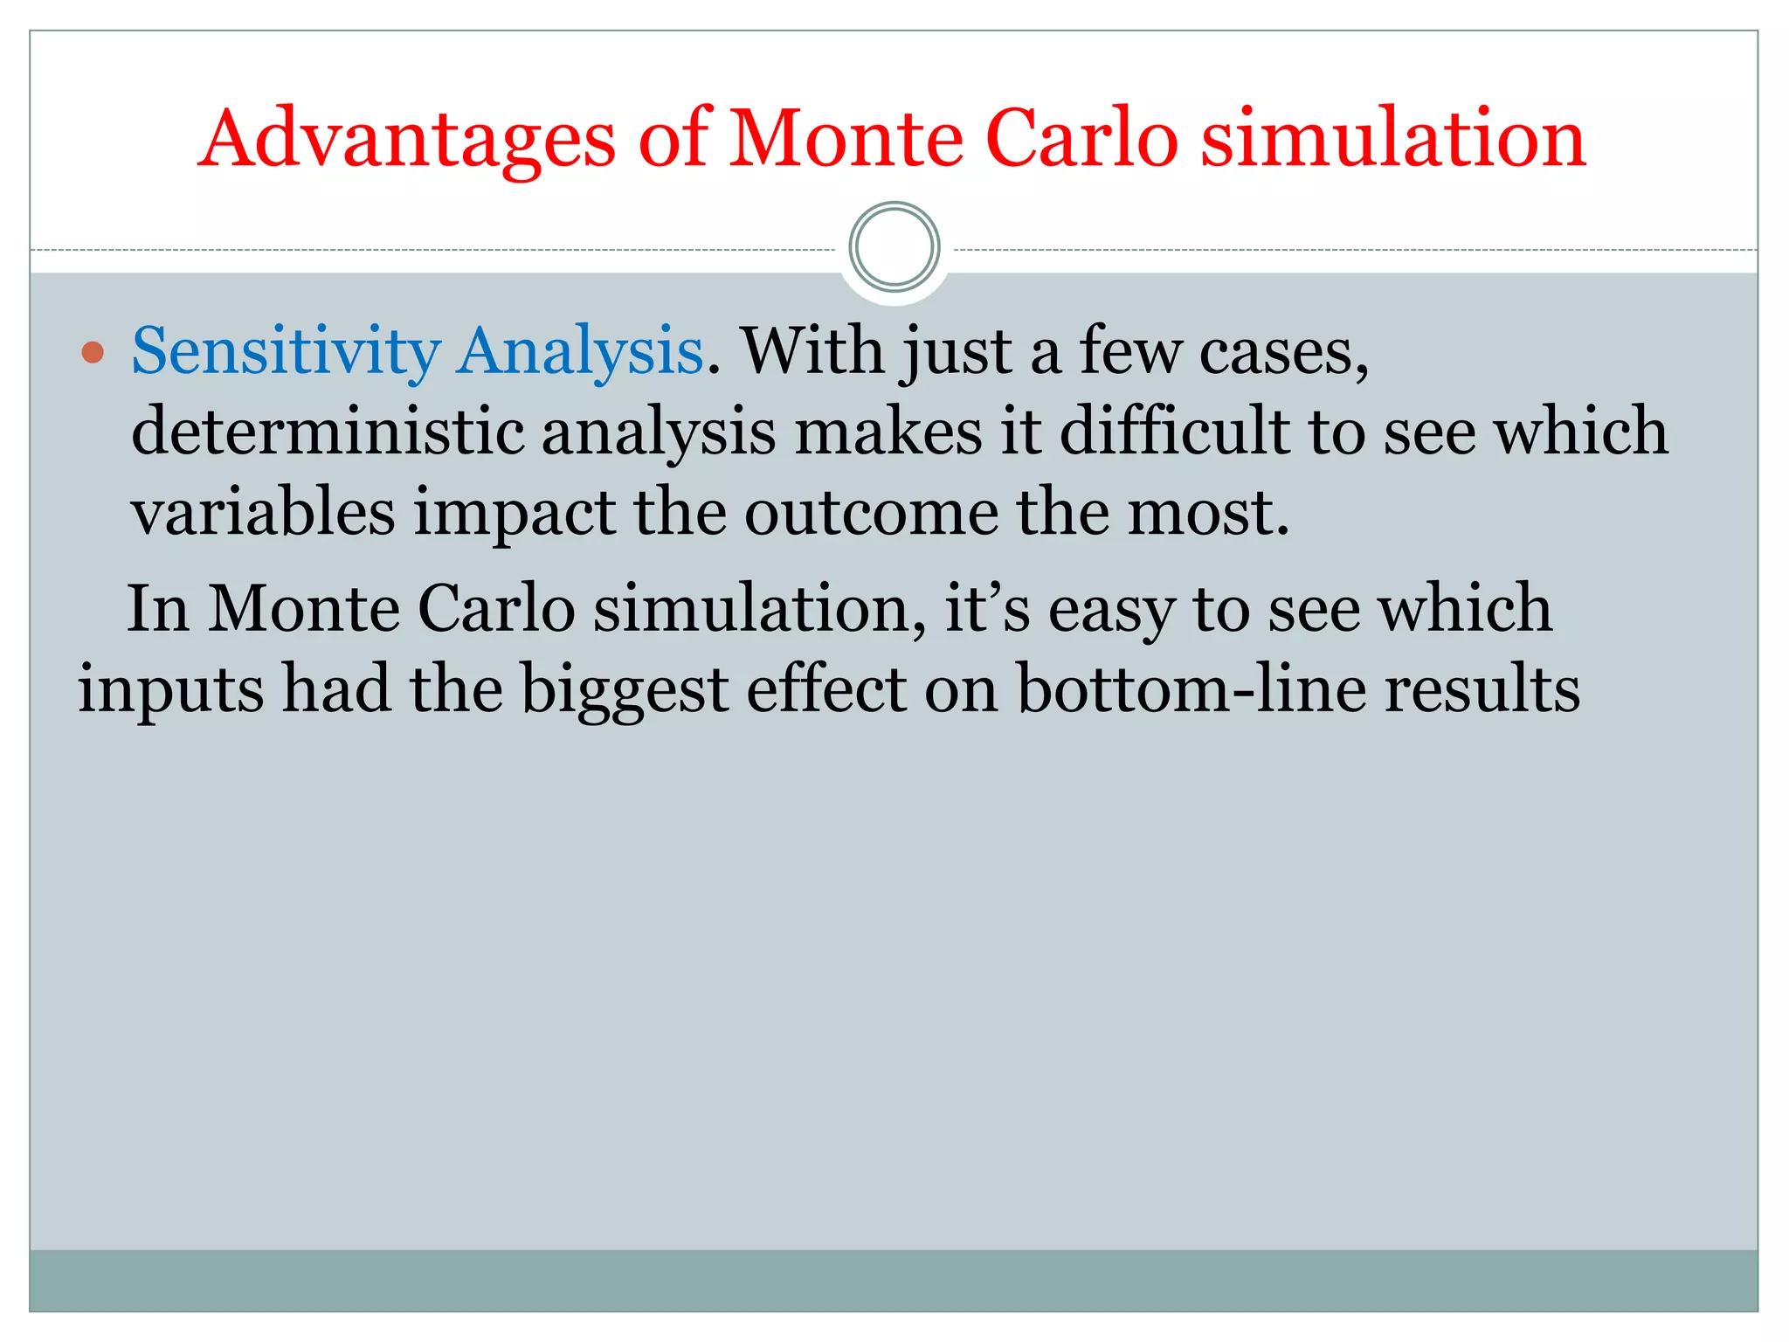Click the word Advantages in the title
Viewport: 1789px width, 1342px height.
[408, 140]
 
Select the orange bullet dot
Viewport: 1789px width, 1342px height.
[93, 353]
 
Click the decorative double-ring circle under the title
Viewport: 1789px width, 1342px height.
[894, 247]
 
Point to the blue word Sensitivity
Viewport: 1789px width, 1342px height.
[286, 351]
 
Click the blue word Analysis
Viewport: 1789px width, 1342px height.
[581, 351]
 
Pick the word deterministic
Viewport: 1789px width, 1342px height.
[328, 432]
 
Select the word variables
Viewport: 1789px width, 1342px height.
[263, 512]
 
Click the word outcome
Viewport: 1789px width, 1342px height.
[871, 512]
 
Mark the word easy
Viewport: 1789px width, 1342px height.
[1111, 609]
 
